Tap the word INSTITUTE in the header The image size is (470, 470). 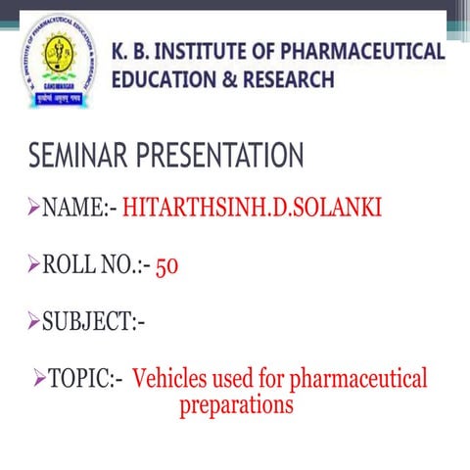pos(200,52)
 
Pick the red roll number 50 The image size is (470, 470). pos(166,265)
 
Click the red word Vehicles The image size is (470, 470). pos(173,378)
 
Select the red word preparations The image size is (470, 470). pos(236,404)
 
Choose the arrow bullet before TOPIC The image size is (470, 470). pos(39,377)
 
